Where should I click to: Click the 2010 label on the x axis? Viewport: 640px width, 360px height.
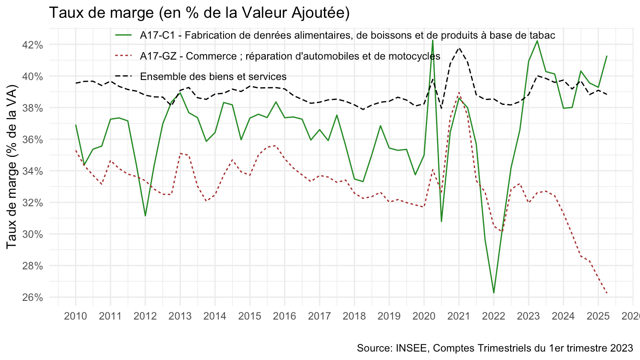pos(76,316)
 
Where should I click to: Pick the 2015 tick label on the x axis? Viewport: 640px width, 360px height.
pos(250,316)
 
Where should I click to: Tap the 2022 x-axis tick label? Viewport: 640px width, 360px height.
pos(493,316)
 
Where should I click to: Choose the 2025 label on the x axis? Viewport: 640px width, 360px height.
pos(598,316)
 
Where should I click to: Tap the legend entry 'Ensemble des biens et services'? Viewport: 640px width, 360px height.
pos(213,76)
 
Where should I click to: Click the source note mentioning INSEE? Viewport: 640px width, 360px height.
pos(495,348)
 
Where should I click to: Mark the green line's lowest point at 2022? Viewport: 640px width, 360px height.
pos(493,293)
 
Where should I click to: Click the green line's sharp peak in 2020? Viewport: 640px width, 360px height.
pos(432,40)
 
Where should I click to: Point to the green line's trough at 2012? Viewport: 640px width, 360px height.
pos(145,216)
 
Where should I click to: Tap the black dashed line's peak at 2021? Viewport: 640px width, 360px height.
pos(459,48)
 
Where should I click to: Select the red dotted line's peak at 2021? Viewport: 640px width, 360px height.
pos(459,93)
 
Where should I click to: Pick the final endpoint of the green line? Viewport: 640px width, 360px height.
pos(607,56)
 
